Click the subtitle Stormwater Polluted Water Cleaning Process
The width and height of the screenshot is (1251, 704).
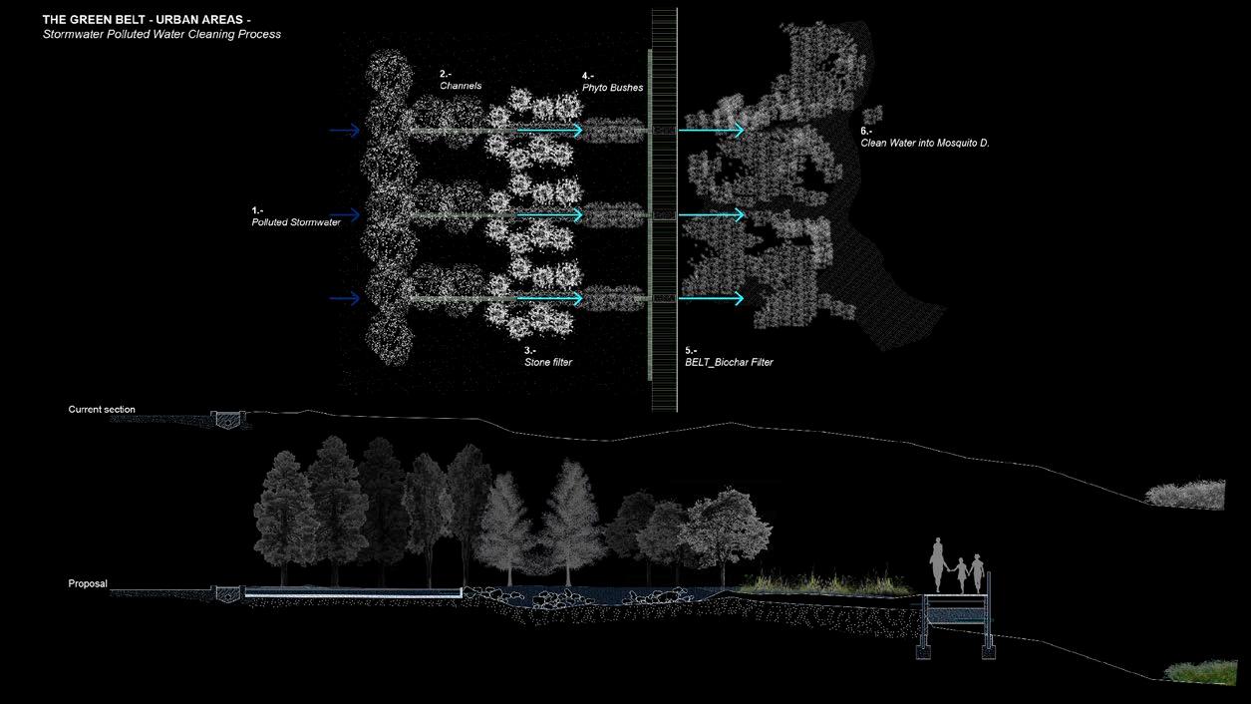pyautogui.click(x=161, y=34)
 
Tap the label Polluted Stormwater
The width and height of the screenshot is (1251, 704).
pyautogui.click(x=296, y=222)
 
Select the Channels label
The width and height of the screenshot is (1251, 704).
pyautogui.click(x=461, y=86)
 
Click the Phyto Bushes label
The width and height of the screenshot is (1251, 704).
pyautogui.click(x=612, y=88)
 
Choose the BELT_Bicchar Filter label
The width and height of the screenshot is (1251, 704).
pyautogui.click(x=729, y=362)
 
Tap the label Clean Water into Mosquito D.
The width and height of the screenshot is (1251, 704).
pyautogui.click(x=924, y=144)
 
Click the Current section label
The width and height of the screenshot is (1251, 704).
pyautogui.click(x=102, y=410)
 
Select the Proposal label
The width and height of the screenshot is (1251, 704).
pyautogui.click(x=87, y=583)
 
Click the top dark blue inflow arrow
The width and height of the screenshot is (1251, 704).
pyautogui.click(x=345, y=131)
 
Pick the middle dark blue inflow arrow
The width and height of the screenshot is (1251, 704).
pyautogui.click(x=345, y=214)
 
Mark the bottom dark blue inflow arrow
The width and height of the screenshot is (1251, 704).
pyautogui.click(x=345, y=298)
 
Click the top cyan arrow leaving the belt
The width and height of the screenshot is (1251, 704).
pyautogui.click(x=711, y=131)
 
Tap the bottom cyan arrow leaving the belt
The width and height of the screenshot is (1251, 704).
pyautogui.click(x=711, y=298)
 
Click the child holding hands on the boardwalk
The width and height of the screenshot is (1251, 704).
pyautogui.click(x=960, y=576)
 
